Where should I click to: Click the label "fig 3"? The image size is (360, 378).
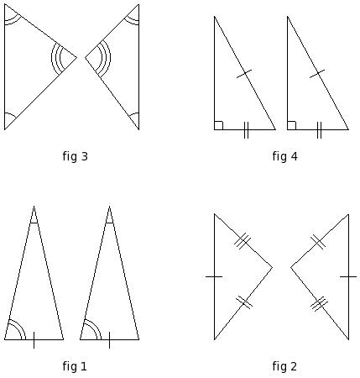coord(76,156)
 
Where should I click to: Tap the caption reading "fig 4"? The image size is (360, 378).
coord(284,156)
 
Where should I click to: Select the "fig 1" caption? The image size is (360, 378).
coord(75,366)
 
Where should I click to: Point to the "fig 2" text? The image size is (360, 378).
coord(284,366)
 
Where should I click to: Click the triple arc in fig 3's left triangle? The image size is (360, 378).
coord(52,58)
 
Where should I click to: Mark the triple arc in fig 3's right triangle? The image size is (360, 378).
coord(110,58)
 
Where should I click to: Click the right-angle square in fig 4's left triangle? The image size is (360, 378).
coord(219,125)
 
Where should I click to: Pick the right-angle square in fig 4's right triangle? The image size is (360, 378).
coord(291,125)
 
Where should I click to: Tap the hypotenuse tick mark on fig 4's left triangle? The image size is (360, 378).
coord(244,74)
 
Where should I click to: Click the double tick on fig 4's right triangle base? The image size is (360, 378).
coord(319,130)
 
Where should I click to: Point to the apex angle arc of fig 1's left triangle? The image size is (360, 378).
coord(34,223)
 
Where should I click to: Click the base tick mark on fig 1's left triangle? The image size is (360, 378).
coord(34,340)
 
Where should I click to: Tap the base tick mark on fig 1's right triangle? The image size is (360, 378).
coord(109,340)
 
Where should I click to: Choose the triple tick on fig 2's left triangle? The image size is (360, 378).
coord(243,240)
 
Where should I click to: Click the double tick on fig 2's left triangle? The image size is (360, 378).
coord(244,302)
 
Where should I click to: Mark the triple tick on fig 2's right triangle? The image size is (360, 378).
coord(319,304)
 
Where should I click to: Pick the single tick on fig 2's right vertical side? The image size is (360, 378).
coord(348,276)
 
